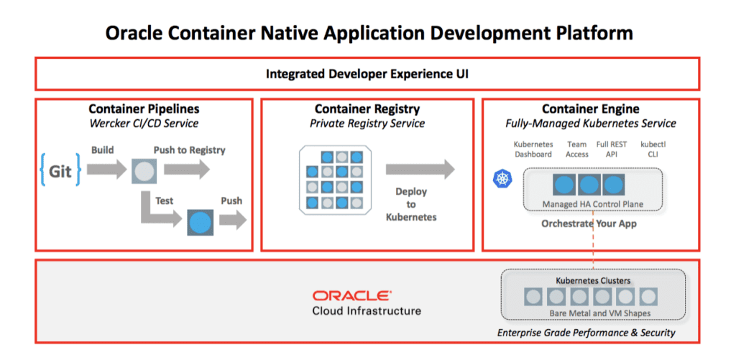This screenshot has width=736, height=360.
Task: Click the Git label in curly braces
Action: tap(60, 170)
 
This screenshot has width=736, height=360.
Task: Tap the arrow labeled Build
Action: tap(106, 168)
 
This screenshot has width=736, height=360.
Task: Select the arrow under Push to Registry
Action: tap(187, 168)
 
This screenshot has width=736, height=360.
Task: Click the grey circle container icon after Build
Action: tap(143, 171)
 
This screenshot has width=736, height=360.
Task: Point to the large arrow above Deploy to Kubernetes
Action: tap(420, 169)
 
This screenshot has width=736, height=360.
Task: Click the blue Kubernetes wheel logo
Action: tap(502, 178)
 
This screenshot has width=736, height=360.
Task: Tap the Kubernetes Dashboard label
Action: tap(533, 149)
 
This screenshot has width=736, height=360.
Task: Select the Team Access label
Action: tap(577, 149)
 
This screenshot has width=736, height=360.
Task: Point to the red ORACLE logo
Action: tap(352, 296)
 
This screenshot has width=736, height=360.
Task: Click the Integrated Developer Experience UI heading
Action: tap(367, 74)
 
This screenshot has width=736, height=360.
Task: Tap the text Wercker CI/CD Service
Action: tap(144, 124)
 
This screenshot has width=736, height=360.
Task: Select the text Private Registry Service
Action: tap(367, 124)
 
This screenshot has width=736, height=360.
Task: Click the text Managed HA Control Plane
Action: tap(593, 204)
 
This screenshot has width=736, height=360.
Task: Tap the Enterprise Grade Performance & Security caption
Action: tap(586, 333)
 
